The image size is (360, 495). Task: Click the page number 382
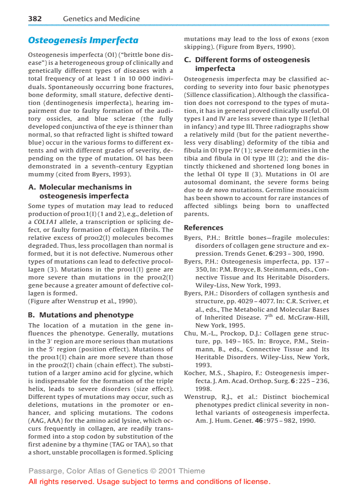35,19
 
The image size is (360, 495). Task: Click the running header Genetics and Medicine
101,19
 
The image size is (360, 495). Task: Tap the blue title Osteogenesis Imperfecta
83,40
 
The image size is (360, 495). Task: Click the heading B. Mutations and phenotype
80,315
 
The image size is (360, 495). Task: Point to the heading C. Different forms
247,64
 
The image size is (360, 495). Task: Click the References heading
203,228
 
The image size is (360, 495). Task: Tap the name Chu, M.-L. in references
197,333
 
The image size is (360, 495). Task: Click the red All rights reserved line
149,481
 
